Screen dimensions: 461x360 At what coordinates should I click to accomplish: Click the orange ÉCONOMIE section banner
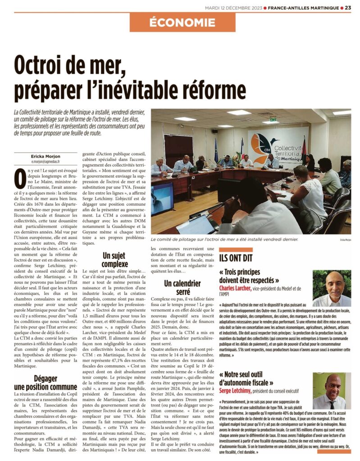coord(182,22)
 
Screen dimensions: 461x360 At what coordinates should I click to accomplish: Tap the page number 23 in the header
coord(348,7)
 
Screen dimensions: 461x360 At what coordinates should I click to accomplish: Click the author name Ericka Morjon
coord(46,156)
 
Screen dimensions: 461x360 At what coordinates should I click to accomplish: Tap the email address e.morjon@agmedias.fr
coord(46,161)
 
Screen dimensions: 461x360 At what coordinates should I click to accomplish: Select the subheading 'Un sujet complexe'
coord(115,260)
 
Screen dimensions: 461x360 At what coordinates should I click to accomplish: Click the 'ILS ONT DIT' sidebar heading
coord(236,258)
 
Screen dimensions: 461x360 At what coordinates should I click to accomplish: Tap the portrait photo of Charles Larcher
coord(332,288)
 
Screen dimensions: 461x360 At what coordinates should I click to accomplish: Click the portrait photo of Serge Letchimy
coord(332,390)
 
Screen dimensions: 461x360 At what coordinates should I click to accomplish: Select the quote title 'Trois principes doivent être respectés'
coord(249,276)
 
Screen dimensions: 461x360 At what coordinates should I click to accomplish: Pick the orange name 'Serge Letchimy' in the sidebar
coord(235,390)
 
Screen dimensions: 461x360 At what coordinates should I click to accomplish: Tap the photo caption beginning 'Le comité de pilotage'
coord(224,240)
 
